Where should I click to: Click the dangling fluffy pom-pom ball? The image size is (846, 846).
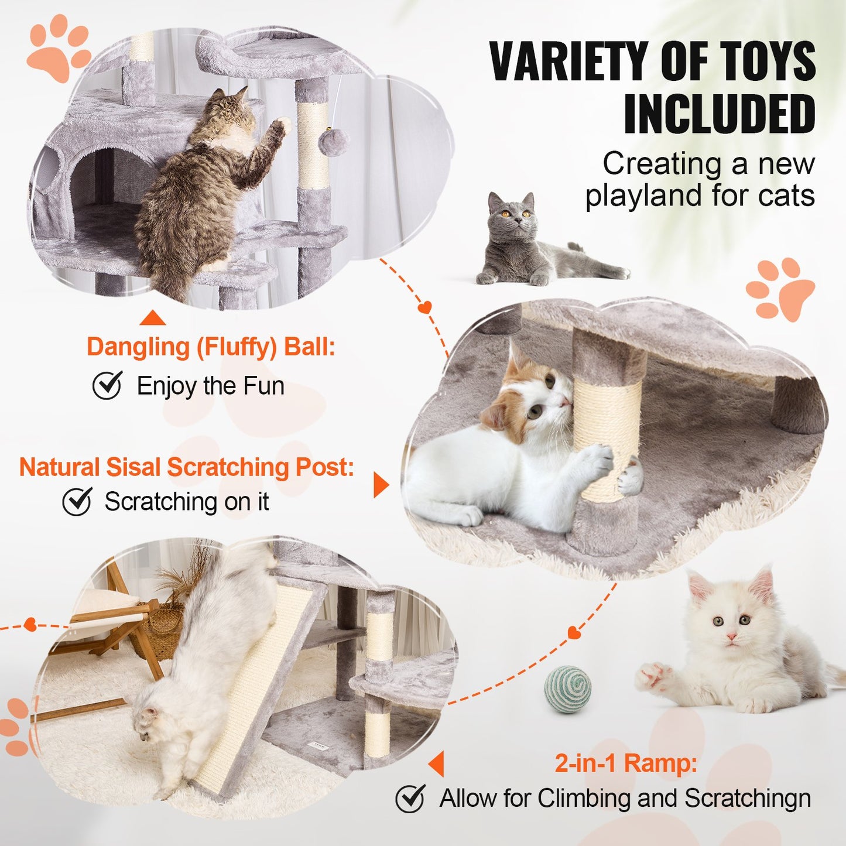[334, 142]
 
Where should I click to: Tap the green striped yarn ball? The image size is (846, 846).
[567, 689]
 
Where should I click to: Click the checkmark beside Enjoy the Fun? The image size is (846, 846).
[107, 385]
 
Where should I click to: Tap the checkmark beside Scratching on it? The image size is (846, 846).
[77, 502]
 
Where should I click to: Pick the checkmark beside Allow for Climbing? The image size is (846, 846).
[410, 799]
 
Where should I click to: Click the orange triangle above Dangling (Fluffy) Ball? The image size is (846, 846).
[153, 318]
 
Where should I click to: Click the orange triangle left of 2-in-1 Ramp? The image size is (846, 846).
[437, 763]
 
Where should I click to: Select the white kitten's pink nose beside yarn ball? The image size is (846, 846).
[731, 636]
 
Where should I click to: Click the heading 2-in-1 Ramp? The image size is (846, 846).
[625, 763]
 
